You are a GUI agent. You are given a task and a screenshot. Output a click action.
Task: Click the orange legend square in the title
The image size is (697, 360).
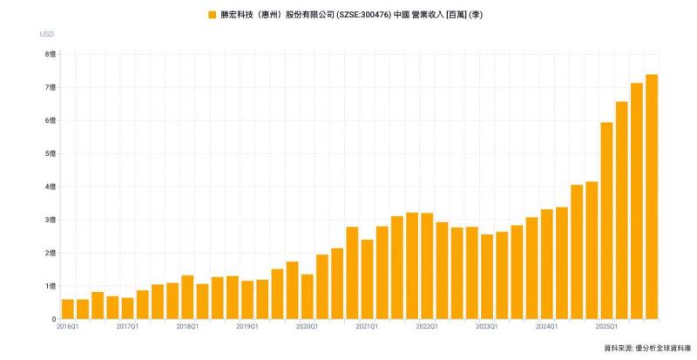212,15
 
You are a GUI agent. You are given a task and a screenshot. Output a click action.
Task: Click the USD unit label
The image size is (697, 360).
47,34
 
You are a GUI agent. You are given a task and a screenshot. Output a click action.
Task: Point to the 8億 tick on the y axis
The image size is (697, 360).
51,54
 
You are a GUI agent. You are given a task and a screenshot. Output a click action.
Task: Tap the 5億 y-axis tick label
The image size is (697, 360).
51,153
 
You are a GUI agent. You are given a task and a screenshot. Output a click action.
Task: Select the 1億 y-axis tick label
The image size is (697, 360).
51,286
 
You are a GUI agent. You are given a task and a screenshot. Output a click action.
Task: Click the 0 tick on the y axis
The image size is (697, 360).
54,319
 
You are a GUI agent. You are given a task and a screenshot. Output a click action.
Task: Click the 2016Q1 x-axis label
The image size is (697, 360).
67,327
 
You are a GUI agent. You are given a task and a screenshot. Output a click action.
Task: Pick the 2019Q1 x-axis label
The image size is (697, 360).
247,327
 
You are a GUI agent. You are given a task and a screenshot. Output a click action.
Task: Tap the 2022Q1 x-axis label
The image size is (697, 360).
427,327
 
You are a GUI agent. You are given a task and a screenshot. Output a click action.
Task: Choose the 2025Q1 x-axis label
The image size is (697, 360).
606,327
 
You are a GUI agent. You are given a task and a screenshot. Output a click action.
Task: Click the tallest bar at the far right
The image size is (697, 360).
652,197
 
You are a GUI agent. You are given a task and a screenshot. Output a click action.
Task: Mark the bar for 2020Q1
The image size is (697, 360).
308,296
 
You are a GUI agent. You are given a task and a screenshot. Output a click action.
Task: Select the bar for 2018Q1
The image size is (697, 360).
187,297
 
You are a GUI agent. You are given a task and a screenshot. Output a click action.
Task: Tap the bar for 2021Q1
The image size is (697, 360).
367,279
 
